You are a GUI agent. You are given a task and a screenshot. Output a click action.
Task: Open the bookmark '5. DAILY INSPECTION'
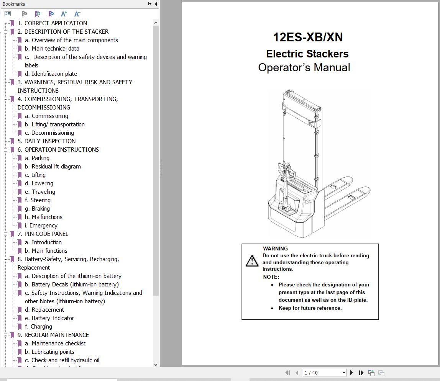[x=50, y=141]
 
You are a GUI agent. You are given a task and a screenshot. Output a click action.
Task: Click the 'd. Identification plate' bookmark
[x=54, y=74]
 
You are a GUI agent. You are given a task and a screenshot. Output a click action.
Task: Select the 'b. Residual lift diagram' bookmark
[x=56, y=166]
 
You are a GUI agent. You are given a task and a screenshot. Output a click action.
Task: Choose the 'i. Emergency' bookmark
[x=43, y=225]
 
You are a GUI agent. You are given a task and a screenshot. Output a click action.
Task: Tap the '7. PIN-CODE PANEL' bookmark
[x=46, y=234]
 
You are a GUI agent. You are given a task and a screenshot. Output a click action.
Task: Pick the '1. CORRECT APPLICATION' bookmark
[x=52, y=23]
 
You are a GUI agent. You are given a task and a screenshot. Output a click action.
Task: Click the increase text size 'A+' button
[x=64, y=14]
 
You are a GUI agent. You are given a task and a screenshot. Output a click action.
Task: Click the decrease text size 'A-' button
[x=77, y=14]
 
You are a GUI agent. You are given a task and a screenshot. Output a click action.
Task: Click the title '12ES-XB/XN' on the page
[x=308, y=37]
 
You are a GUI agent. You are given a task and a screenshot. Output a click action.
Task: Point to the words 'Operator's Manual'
[x=304, y=67]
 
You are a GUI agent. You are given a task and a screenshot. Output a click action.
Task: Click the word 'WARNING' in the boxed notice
[x=275, y=249]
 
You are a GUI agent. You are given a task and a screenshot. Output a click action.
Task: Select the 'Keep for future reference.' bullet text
[x=310, y=308]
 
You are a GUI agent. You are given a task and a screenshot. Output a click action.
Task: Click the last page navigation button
[x=361, y=373]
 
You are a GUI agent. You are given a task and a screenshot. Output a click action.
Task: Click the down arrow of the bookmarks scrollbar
[x=156, y=365]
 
